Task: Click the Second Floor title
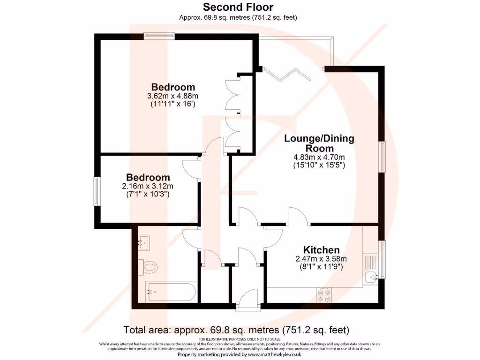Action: [x=238, y=7]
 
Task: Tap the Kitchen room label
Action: [x=321, y=249]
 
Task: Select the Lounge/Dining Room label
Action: [x=319, y=143]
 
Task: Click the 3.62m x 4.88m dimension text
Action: [x=172, y=96]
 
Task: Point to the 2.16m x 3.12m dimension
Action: [x=148, y=186]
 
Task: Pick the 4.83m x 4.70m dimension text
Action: [x=319, y=157]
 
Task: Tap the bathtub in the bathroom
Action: [x=171, y=292]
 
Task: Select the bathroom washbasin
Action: [x=144, y=242]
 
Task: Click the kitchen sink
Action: [x=372, y=278]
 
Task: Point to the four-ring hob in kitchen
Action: [x=323, y=294]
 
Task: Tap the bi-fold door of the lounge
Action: [x=286, y=74]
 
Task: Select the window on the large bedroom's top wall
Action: [x=159, y=36]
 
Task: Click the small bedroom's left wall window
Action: [x=97, y=191]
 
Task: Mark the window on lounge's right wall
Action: [x=382, y=157]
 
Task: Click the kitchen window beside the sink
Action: [x=382, y=259]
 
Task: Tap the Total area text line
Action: [x=236, y=329]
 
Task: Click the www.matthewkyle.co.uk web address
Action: [x=269, y=355]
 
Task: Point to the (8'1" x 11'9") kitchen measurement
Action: [x=321, y=267]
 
